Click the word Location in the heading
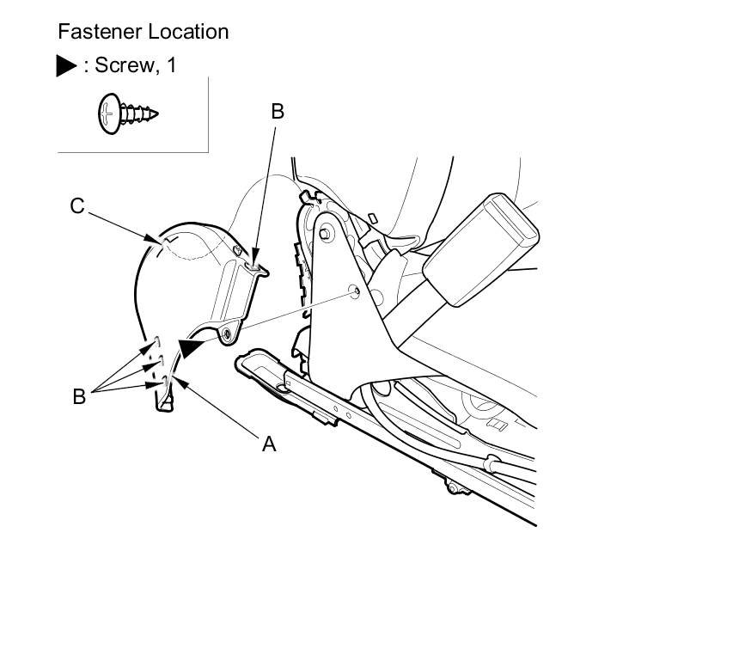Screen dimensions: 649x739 (188, 33)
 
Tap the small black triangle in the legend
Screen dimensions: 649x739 (67, 66)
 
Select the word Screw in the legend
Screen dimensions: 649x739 (119, 65)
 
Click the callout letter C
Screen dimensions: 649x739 (77, 206)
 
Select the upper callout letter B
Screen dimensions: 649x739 (277, 111)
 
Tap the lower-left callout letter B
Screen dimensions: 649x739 (79, 397)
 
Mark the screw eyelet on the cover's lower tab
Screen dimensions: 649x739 (226, 333)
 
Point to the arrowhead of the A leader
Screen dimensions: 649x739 (172, 379)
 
